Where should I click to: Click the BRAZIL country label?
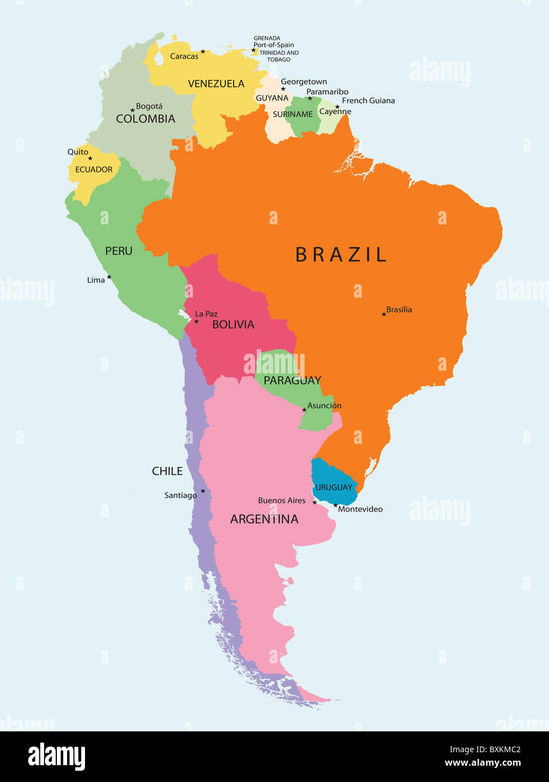click(x=341, y=255)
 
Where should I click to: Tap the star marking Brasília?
click(x=384, y=314)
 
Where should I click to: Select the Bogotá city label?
click(x=149, y=106)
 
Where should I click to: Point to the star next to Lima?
click(x=109, y=277)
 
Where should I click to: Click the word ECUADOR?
click(x=94, y=169)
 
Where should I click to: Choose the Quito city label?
click(x=78, y=152)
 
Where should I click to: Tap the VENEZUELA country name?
click(x=216, y=84)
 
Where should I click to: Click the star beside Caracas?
click(x=203, y=52)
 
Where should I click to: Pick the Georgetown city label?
click(x=304, y=82)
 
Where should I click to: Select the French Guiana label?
click(x=368, y=101)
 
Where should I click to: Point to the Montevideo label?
click(x=360, y=509)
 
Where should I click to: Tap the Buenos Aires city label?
click(x=282, y=500)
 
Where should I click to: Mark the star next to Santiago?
click(x=203, y=491)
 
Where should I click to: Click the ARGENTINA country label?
click(x=264, y=519)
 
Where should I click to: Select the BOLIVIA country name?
click(x=233, y=325)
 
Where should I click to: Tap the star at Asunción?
click(x=304, y=410)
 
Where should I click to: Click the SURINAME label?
click(x=293, y=114)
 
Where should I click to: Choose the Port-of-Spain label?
click(x=274, y=45)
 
